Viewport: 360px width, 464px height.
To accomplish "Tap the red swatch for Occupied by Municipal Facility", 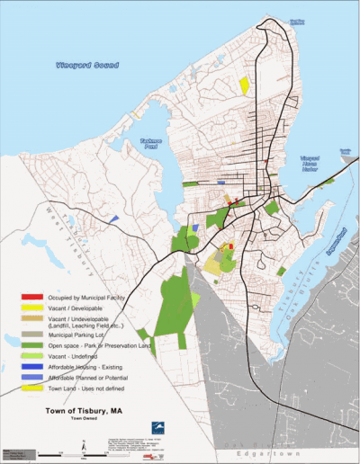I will (32, 296).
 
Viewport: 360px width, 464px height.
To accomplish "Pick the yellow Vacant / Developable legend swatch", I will (32, 308).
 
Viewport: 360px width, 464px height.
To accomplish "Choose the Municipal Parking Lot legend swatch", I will (32, 333).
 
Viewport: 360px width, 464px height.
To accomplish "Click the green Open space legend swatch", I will (32, 344).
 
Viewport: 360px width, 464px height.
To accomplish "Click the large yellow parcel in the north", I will (245, 85).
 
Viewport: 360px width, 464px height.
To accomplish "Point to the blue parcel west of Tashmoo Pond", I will (114, 219).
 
